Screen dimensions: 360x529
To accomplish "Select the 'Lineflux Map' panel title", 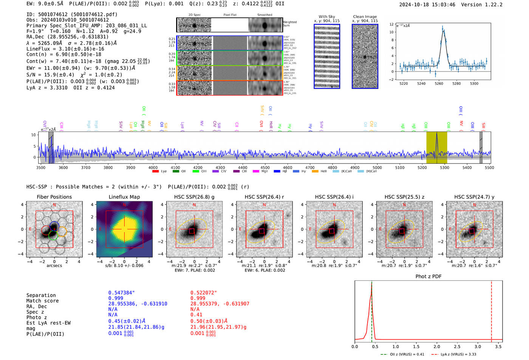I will [x=124, y=197].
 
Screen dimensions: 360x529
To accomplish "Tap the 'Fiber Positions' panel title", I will [x=54, y=197].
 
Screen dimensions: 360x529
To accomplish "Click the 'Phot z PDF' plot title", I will [x=428, y=277].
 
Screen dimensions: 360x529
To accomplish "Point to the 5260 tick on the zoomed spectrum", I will [x=439, y=83].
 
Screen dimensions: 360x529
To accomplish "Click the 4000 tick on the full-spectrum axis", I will [x=153, y=168].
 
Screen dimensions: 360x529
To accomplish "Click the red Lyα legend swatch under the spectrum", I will [x=155, y=172].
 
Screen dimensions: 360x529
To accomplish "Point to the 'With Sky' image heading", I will [x=326, y=17].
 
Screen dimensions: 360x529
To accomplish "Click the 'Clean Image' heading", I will [x=365, y=17].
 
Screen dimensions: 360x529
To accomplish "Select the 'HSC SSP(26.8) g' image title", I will [x=194, y=197].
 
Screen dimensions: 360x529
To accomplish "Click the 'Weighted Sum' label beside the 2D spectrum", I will [x=289, y=23].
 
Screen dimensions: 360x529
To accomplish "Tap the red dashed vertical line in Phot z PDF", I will [x=491, y=310].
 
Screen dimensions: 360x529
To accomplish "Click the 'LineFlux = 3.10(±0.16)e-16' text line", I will [x=65, y=49].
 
